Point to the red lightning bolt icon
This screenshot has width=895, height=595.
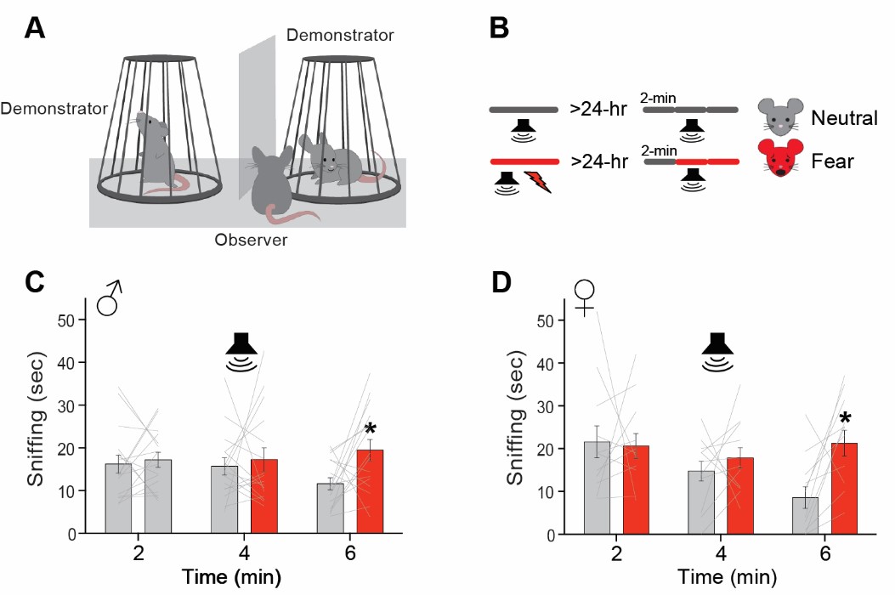[x=537, y=181]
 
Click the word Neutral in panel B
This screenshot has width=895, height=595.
[x=844, y=117]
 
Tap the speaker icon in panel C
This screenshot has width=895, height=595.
[x=241, y=350]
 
